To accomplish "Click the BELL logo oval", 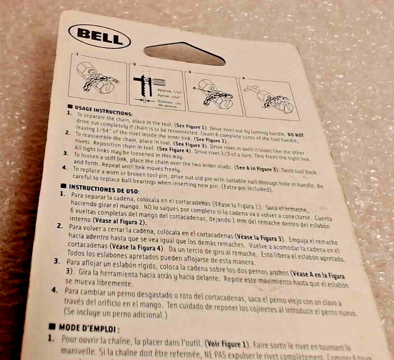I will (100, 36).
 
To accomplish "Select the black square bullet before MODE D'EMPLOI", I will (51, 326).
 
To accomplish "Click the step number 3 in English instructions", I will (65, 153).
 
